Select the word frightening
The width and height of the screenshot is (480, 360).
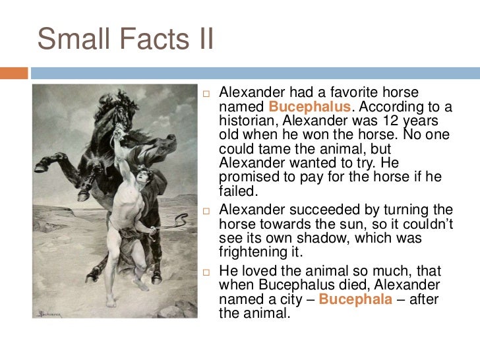point(258,253)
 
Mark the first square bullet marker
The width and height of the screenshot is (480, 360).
point(206,93)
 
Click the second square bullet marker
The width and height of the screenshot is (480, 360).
point(206,210)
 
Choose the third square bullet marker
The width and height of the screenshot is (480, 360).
point(206,272)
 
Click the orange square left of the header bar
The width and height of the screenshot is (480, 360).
point(14,73)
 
